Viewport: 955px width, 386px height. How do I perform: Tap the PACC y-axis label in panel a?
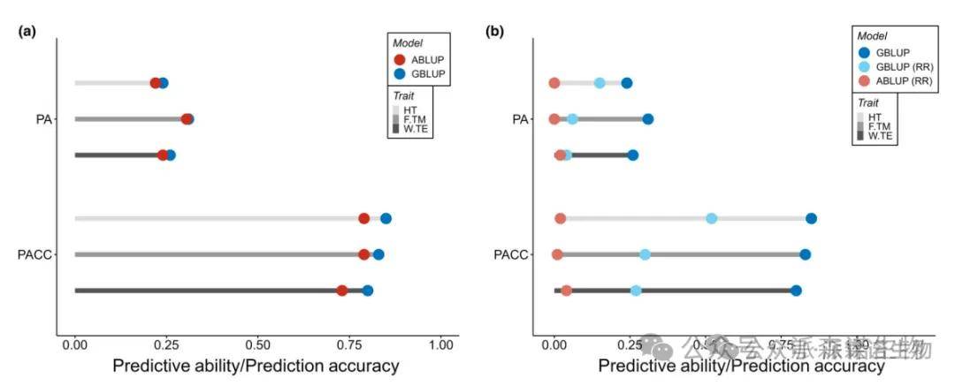tap(36, 255)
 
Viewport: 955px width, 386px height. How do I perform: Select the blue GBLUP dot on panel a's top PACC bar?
tap(386, 219)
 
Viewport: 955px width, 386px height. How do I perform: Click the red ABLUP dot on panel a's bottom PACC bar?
tap(341, 291)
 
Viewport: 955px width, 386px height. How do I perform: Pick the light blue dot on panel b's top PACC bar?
tap(712, 219)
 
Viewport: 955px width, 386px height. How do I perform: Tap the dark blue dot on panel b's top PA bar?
tap(626, 83)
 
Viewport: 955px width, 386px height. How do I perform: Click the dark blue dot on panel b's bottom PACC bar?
tap(796, 291)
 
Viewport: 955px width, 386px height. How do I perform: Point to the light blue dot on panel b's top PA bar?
tap(600, 83)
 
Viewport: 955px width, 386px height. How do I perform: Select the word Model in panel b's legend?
tap(871, 36)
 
